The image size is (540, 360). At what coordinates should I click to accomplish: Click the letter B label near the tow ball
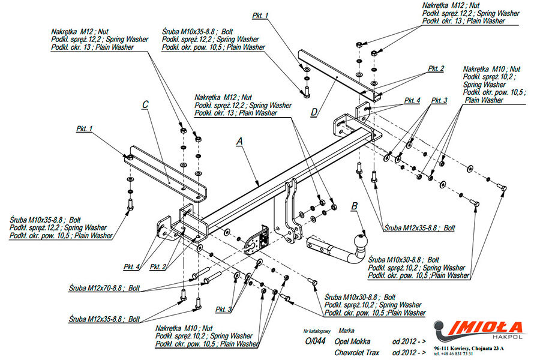point(355,206)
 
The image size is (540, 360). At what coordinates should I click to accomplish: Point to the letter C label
point(145,104)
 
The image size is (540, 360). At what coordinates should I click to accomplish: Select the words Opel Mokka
point(353,341)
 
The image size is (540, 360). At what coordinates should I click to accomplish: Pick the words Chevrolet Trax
point(358,352)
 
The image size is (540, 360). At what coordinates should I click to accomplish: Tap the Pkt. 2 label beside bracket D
point(436,69)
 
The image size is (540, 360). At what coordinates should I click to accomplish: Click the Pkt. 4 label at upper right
point(412,100)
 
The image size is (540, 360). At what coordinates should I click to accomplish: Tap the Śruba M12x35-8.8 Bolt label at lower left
point(104,319)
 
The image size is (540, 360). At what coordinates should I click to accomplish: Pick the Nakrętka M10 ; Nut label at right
point(491,70)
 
